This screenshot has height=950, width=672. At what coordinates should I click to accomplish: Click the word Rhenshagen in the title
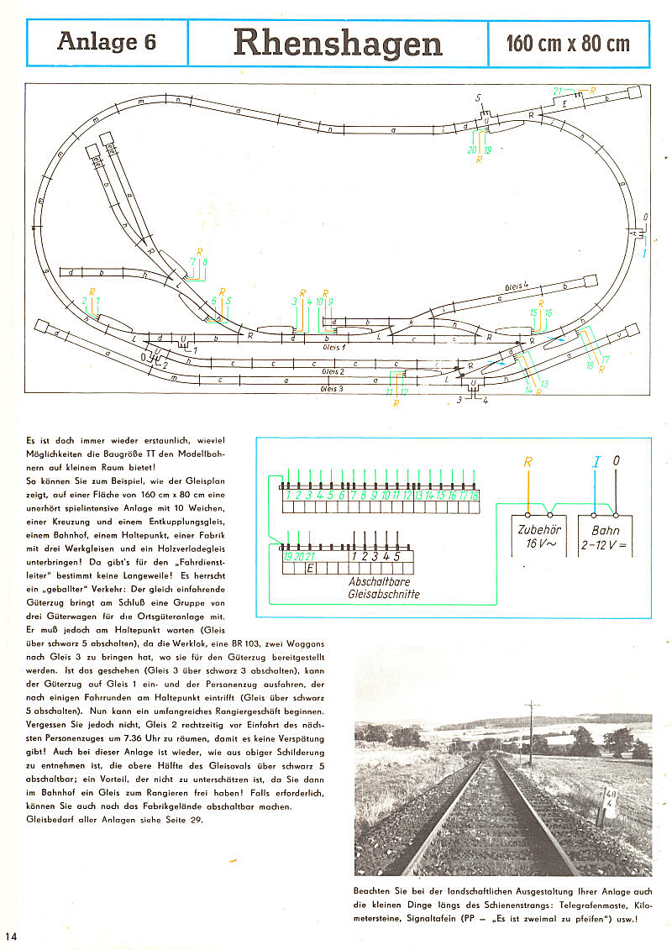(x=338, y=43)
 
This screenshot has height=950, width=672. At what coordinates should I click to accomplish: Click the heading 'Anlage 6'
(x=107, y=42)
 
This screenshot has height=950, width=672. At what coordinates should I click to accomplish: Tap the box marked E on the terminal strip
(x=311, y=569)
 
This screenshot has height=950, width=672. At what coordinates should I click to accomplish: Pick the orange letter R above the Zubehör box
(x=528, y=462)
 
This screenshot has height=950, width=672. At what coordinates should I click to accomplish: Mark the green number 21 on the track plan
(x=558, y=91)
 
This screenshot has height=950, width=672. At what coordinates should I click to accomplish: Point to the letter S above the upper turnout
(x=479, y=97)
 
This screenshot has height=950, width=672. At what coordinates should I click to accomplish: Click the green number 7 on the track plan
(x=192, y=261)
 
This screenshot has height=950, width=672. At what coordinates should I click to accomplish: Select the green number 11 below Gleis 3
(x=389, y=392)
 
